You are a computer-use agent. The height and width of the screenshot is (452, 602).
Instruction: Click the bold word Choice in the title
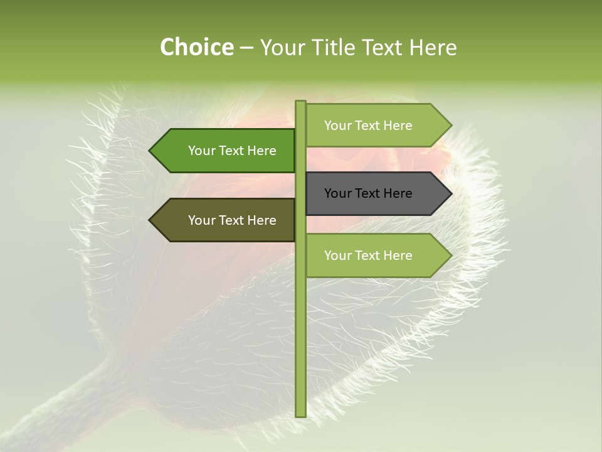(196, 48)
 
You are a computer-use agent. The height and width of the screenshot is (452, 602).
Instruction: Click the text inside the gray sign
(368, 193)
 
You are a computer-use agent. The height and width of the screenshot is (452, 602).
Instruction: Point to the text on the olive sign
(232, 220)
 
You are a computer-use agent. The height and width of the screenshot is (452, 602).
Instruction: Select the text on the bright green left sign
(232, 151)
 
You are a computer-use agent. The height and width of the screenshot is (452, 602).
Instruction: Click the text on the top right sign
(368, 126)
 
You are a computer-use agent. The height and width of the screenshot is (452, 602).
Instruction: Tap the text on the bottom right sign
(368, 256)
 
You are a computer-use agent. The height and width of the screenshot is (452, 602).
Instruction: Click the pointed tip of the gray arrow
(450, 193)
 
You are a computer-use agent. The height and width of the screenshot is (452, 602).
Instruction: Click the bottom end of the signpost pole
(300, 414)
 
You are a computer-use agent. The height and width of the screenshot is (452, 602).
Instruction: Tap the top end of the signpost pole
(300, 103)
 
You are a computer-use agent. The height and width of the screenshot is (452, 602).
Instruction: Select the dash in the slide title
(246, 48)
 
